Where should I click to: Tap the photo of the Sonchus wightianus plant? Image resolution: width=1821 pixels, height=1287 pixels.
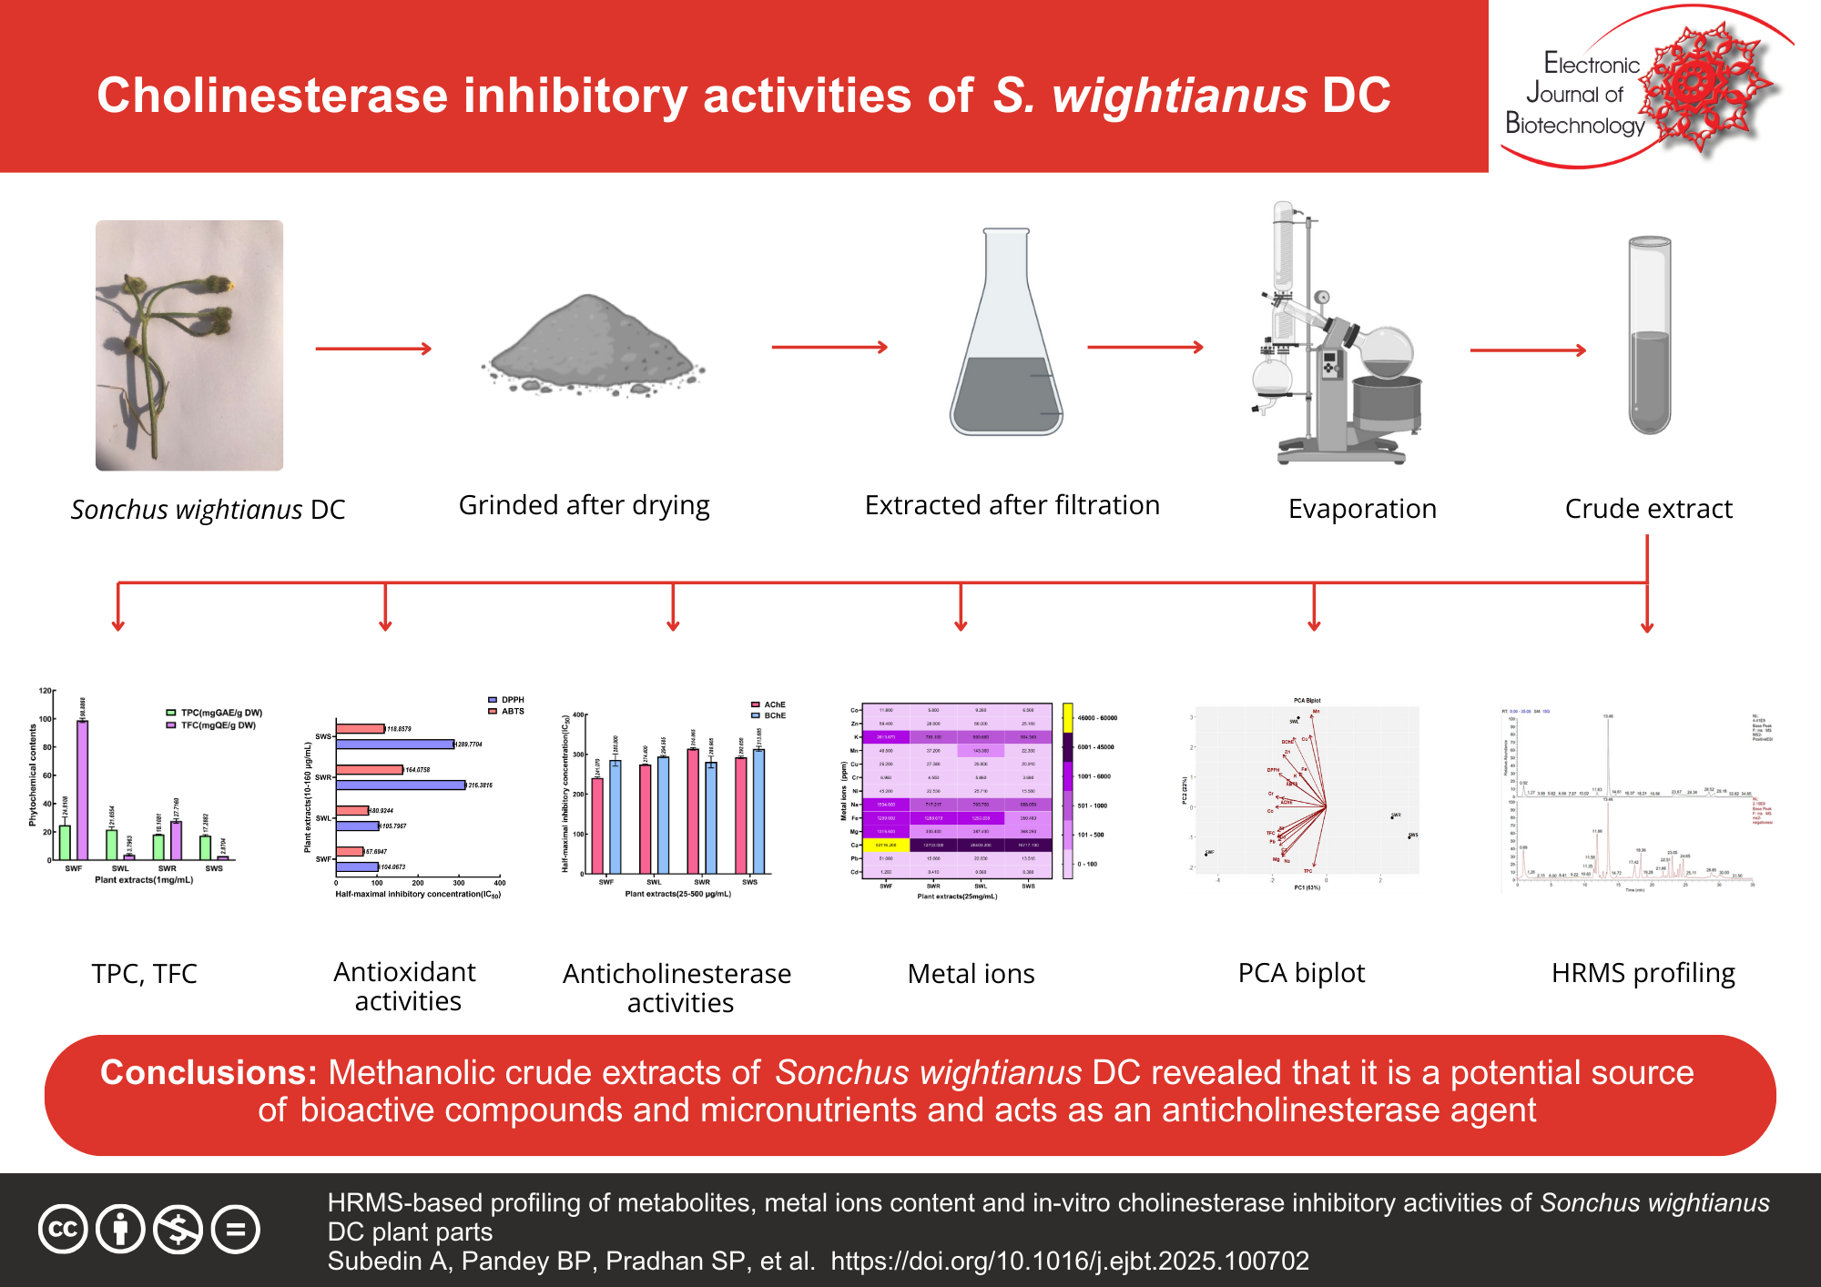[x=189, y=345]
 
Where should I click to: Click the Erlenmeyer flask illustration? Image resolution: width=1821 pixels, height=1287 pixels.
[x=1006, y=337]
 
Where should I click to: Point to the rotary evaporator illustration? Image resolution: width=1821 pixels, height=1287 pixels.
[x=1334, y=337]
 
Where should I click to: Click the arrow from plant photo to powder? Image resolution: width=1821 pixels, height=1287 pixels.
[x=373, y=349]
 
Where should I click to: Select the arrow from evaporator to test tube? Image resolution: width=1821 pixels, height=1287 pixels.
[x=1528, y=350]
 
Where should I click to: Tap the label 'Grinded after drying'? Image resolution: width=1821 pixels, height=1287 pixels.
[x=584, y=505]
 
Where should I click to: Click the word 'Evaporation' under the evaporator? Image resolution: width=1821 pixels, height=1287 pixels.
[x=1362, y=509]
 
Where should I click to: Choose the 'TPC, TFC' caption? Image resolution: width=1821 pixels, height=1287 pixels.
[x=144, y=974]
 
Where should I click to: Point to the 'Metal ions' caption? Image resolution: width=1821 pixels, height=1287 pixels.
[x=971, y=974]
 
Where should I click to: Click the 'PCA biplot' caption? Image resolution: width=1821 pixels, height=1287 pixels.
[x=1301, y=973]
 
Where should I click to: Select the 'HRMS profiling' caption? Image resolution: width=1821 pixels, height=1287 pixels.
[x=1643, y=973]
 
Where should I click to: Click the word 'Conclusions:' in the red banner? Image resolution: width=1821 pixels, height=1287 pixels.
[x=209, y=1072]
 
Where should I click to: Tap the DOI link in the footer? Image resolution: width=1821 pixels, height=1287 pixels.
[x=1070, y=1261]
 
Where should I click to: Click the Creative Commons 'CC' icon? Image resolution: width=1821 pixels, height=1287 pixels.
[x=63, y=1229]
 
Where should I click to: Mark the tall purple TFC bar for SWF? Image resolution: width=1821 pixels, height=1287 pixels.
[x=82, y=789]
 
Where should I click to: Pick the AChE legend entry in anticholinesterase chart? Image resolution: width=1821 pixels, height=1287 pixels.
[x=768, y=704]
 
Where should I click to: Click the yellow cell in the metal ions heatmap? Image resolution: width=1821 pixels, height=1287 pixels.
[x=886, y=845]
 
